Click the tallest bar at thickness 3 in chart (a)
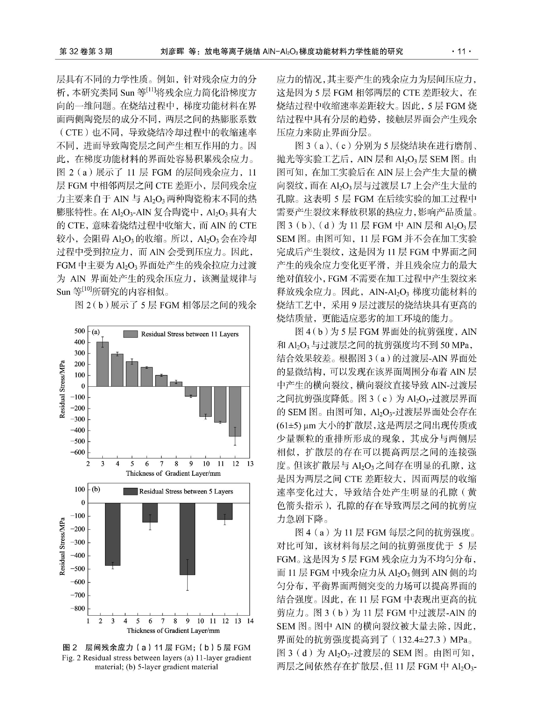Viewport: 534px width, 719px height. click(102, 364)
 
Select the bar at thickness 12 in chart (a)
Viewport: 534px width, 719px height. click(235, 411)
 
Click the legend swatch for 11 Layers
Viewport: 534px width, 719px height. click(131, 334)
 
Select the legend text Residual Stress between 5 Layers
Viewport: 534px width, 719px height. click(186, 491)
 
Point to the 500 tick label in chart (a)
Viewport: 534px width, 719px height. click(80, 331)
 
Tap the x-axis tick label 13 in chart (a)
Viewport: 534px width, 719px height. click(250, 464)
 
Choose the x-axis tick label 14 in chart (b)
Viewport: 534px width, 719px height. click(250, 621)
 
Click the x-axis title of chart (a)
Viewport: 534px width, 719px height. click(173, 473)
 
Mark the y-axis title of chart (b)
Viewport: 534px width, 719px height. click(62, 546)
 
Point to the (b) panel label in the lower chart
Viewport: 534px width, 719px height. click(96, 489)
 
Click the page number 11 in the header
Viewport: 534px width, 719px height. click(461, 51)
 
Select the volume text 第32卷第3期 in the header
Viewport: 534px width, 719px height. click(86, 51)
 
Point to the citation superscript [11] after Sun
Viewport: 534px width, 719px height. click(151, 90)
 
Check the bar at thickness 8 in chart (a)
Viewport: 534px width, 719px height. click(176, 384)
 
